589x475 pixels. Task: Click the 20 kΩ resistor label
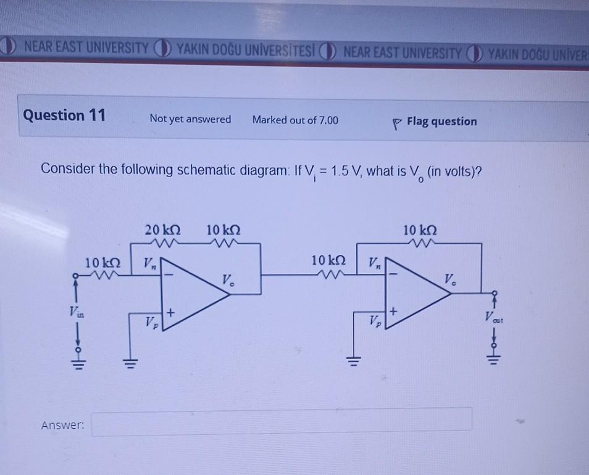164,229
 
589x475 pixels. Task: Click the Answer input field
282,423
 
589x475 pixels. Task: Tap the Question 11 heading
64,115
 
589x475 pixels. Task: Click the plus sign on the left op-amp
170,313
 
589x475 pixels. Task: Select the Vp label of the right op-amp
374,320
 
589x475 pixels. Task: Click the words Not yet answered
190,119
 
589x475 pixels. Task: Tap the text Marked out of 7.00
295,120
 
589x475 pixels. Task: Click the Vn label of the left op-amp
150,264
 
